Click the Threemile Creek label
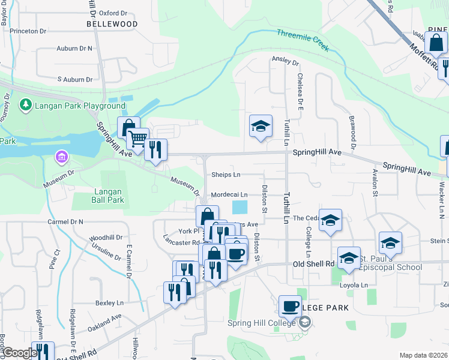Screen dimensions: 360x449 (303, 40)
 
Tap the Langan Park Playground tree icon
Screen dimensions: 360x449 (26, 106)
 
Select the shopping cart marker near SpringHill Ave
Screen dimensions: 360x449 (139, 139)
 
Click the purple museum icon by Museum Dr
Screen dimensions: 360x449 (60, 158)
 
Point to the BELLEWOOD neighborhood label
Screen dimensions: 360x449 (112, 24)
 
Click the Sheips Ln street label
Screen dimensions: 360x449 (226, 175)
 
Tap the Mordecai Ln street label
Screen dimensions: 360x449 (229, 195)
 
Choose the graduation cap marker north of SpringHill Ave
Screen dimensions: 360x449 (261, 126)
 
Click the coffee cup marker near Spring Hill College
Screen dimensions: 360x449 (290, 306)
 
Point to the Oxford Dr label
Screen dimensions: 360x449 (113, 12)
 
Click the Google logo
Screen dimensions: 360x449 (19, 353)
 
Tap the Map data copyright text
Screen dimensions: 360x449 (423, 355)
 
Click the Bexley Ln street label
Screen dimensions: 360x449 (109, 303)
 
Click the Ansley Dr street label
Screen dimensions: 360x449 (285, 61)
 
